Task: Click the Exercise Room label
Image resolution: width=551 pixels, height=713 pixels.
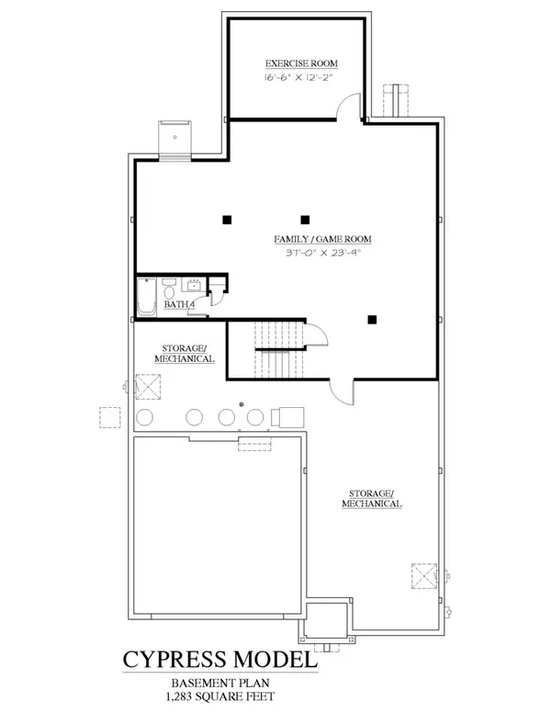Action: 301,63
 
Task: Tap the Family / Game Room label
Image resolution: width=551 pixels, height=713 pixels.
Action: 315,239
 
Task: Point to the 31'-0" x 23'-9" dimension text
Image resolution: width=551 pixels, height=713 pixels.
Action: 315,253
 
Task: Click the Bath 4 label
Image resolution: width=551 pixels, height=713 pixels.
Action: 178,303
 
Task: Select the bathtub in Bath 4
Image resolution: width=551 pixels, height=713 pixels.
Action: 147,298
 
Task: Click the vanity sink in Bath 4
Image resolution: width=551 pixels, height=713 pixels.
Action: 195,283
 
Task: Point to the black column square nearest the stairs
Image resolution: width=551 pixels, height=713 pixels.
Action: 372,320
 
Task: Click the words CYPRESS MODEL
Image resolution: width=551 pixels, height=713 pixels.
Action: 221,660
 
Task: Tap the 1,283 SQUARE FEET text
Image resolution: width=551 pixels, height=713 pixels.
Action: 221,697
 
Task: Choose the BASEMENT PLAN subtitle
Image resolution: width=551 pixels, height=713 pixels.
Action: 221,684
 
